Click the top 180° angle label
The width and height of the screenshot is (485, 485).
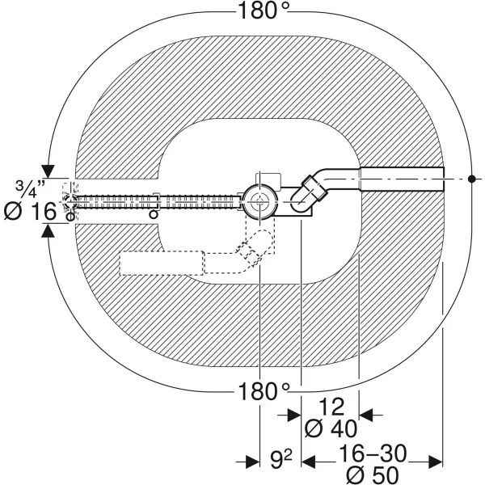pyautogui.click(x=264, y=11)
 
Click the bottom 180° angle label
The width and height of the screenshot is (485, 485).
pyautogui.click(x=264, y=391)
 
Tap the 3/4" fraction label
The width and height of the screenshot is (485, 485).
pyautogui.click(x=30, y=188)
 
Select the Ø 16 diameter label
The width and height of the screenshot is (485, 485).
pyautogui.click(x=31, y=212)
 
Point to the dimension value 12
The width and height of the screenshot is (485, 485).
pyautogui.click(x=331, y=407)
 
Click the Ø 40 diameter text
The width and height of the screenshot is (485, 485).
pyautogui.click(x=331, y=429)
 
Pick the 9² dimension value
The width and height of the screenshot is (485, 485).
pyautogui.click(x=280, y=459)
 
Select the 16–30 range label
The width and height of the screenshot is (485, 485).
pyautogui.click(x=373, y=453)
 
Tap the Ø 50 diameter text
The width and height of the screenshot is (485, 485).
pyautogui.click(x=373, y=474)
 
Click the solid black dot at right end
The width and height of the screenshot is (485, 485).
pyautogui.click(x=471, y=179)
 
